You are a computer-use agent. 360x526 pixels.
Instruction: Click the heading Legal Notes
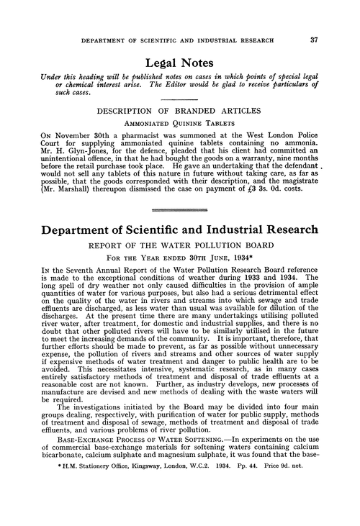180,62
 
